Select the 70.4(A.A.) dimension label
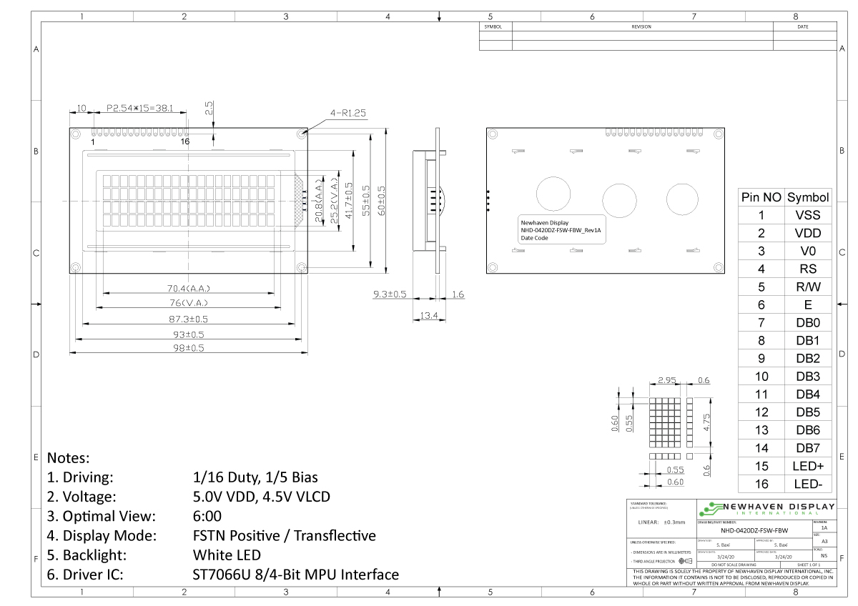[x=189, y=289]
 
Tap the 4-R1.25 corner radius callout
[x=347, y=112]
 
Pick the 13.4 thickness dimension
[x=429, y=315]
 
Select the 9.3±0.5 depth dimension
[x=390, y=294]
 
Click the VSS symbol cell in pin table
[x=808, y=215]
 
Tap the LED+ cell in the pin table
[x=808, y=466]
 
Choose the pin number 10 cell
[x=761, y=377]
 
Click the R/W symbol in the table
[x=808, y=287]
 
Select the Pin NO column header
[x=761, y=197]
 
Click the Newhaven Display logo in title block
[x=765, y=509]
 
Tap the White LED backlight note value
[x=227, y=555]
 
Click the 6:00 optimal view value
[x=207, y=516]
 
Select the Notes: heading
[x=68, y=457]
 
